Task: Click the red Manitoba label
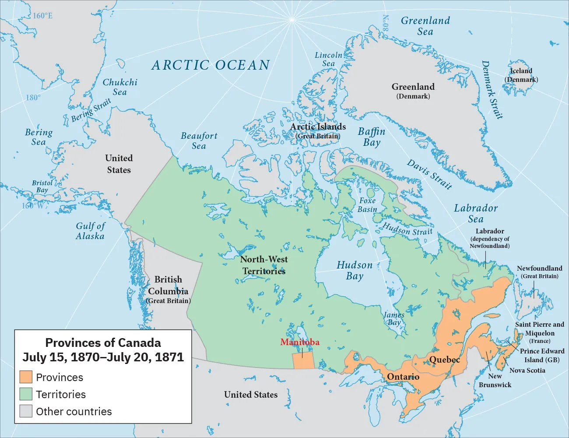click(300, 342)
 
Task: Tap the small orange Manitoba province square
click(303, 360)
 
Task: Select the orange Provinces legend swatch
click(26, 377)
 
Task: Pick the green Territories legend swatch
click(26, 394)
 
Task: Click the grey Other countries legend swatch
click(26, 411)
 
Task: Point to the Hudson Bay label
click(355, 271)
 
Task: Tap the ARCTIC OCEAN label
click(211, 65)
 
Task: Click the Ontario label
click(403, 377)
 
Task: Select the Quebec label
click(444, 360)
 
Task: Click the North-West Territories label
click(264, 265)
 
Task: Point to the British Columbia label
click(168, 286)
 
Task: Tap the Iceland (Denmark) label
click(521, 75)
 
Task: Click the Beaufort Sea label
click(199, 141)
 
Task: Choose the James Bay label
click(394, 318)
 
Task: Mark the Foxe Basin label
click(367, 205)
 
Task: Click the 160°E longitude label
click(42, 16)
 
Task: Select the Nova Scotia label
click(527, 370)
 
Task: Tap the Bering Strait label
click(91, 110)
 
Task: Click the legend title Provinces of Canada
click(103, 343)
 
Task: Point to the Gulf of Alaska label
click(90, 231)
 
